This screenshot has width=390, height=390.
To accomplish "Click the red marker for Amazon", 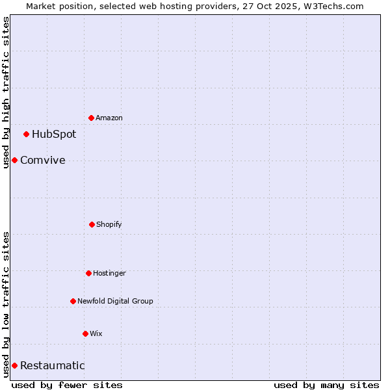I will pos(92,118).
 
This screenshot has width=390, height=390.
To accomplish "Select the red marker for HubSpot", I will pos(27,135).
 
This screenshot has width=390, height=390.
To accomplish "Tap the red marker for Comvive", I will pos(14,160).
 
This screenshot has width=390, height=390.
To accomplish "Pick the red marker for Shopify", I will pos(92,224).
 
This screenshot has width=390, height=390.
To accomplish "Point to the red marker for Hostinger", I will pos(89,273).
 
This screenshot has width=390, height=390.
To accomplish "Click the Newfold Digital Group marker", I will pos(73,301).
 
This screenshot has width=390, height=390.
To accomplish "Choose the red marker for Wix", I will pos(85,333).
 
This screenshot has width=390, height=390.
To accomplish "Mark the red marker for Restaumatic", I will pos(14,365).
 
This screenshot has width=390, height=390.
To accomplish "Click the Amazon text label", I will pos(109,118).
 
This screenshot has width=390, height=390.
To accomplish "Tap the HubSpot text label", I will pos(54,135).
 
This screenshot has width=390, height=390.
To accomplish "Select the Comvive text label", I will pos(43,161).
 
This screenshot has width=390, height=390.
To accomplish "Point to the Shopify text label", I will pos(109,224).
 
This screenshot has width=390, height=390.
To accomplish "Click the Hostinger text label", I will pos(109,273).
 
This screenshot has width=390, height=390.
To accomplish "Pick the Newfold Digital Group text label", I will pos(115,301).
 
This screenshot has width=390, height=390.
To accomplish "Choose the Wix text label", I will pos(96,333).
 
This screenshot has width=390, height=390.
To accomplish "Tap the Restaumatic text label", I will pos(53,366).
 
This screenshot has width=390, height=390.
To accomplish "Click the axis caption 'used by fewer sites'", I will pos(67,385).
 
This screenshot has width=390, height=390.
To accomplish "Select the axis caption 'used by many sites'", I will pos(326,385).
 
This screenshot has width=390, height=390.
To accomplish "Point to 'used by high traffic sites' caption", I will pos(6,92).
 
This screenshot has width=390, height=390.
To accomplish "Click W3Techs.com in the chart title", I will pos(330,6).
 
